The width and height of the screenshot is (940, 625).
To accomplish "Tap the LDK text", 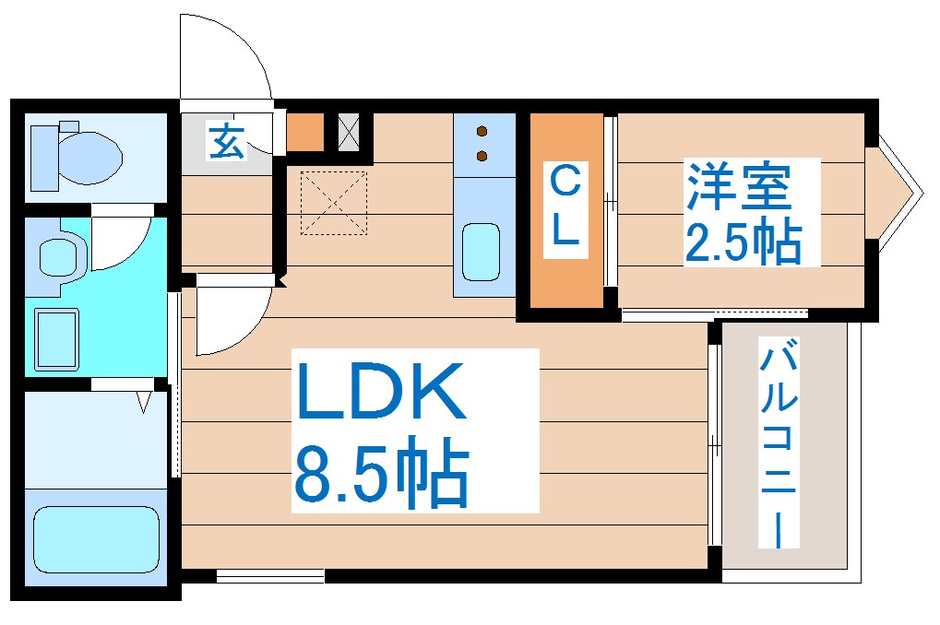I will click(378, 393).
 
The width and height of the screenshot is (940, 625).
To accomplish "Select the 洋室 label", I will click(737, 187).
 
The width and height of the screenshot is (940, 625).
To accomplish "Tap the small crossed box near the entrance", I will click(349, 132).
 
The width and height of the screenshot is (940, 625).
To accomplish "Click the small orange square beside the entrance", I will click(305, 132).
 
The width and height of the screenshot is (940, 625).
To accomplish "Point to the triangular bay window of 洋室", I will click(896, 192).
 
